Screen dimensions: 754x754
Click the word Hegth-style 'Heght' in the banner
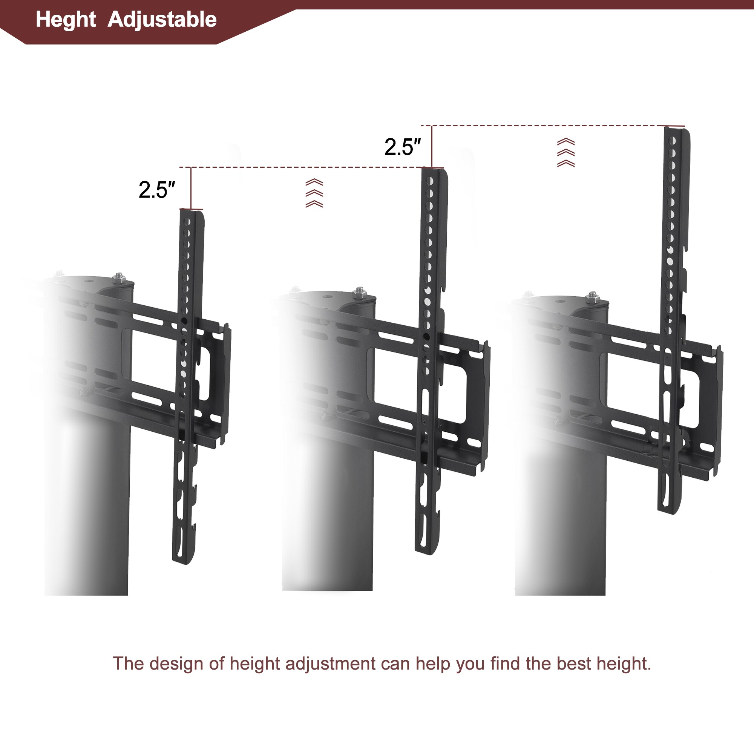66,20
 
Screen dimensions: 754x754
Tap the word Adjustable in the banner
162,20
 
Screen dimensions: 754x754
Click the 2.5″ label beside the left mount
156,190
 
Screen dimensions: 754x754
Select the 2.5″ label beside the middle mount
402,147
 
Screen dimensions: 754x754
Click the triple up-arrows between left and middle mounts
314,193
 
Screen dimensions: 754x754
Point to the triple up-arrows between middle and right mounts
565,152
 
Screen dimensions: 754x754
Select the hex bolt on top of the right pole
592,297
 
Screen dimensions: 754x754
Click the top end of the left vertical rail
192,213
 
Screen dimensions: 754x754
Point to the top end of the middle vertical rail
433,171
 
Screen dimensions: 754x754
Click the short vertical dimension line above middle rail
432,146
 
